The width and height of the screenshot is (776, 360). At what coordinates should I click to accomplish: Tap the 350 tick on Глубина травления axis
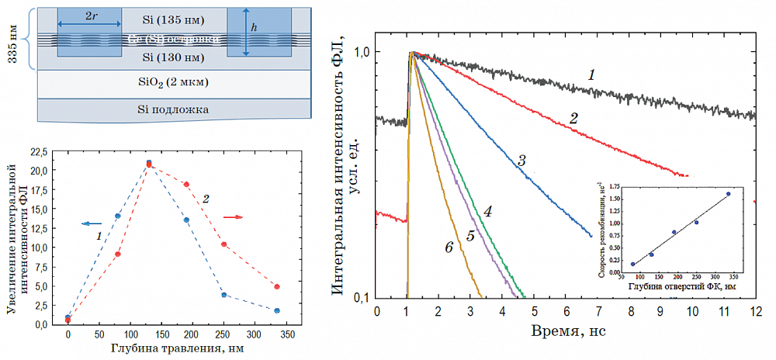tap(288, 335)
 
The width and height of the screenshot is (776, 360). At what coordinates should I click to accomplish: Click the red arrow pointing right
tap(233, 217)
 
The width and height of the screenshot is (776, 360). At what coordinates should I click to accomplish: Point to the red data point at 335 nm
tap(276, 286)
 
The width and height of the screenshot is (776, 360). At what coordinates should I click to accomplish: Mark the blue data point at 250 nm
tap(223, 295)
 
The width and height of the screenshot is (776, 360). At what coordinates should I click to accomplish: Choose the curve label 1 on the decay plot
tap(591, 75)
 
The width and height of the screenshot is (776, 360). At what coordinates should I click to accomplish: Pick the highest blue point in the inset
tap(729, 194)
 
